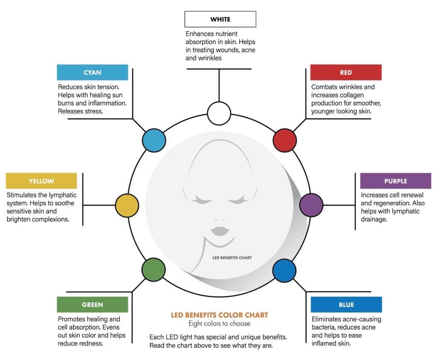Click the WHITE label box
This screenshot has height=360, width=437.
point(220,19)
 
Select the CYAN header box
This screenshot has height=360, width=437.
point(92,73)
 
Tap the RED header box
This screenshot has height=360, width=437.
point(346,73)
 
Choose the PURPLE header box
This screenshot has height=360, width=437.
point(396,181)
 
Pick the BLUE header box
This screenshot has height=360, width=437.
point(346,305)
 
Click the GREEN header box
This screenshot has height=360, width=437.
point(92,305)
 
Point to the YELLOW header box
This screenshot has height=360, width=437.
point(41,181)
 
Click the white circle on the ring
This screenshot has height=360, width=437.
point(219,113)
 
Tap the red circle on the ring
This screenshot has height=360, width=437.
point(285,140)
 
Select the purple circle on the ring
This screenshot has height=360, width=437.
point(311,205)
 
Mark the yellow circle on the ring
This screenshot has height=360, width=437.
point(127,205)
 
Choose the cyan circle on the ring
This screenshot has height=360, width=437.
point(154,140)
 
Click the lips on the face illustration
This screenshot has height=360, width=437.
point(219,231)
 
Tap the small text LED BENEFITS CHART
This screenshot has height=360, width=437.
point(232,258)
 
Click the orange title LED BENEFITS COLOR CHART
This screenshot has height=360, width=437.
point(219,315)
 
